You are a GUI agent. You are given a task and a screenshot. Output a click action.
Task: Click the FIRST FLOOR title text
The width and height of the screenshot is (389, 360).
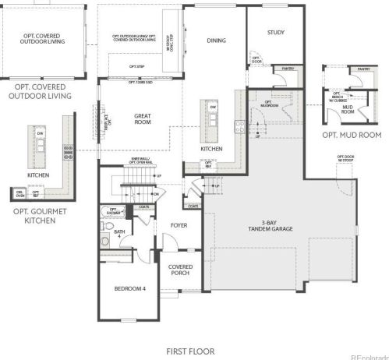(189, 351)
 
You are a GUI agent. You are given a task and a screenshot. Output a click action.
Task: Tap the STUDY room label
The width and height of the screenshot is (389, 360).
(275, 33)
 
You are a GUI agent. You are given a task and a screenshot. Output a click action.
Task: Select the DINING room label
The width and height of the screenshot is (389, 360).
(216, 41)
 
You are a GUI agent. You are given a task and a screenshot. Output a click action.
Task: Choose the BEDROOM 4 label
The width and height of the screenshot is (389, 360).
(130, 289)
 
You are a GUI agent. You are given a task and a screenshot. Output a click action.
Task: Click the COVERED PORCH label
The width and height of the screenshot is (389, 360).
(181, 270)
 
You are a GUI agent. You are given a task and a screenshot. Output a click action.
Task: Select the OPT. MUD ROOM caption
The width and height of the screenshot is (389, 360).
(351, 134)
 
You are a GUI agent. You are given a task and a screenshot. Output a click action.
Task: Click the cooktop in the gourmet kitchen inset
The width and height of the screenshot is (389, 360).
(69, 151)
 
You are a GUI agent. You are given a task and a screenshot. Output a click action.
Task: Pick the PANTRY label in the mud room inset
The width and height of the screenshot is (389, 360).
(363, 69)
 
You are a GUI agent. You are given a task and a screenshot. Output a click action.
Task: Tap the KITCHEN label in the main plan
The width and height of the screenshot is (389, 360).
(211, 149)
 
